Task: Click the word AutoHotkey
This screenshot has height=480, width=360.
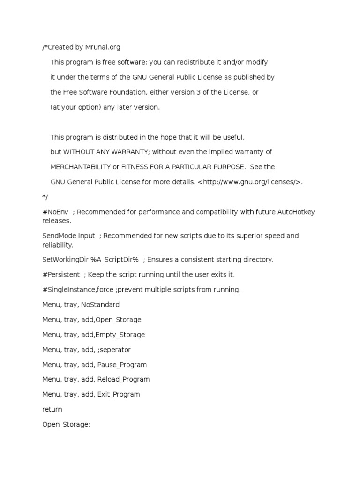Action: click(297, 212)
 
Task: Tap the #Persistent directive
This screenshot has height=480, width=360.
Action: click(60, 274)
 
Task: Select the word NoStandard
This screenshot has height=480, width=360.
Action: click(100, 305)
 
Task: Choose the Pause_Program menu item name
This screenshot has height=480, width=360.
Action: click(122, 365)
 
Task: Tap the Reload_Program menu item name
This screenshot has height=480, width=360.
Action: click(123, 379)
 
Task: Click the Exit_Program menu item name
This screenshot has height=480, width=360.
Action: click(119, 394)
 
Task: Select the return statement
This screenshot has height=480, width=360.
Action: click(52, 409)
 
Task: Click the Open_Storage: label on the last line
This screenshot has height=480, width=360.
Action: click(66, 424)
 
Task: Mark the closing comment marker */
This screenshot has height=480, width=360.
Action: click(45, 197)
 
